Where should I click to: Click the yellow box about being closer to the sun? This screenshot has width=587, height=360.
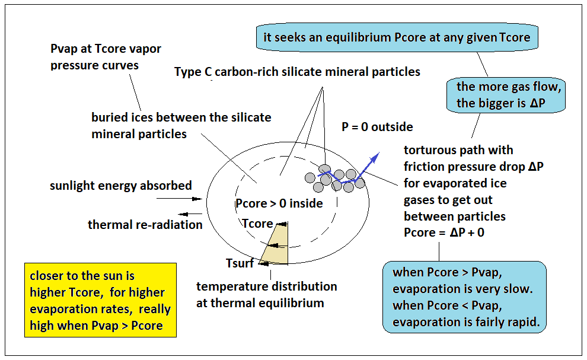click(100, 300)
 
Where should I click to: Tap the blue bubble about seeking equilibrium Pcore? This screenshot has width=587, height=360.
click(397, 37)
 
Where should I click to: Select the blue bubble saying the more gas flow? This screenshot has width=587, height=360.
click(506, 95)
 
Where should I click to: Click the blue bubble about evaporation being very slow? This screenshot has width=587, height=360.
click(464, 297)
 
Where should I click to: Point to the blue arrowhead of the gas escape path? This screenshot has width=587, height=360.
click(375, 157)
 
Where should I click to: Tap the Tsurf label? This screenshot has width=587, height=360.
click(240, 263)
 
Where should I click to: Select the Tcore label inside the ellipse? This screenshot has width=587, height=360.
click(257, 223)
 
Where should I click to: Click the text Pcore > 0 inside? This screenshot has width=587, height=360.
click(279, 203)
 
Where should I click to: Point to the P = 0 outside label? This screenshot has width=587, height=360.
click(377, 127)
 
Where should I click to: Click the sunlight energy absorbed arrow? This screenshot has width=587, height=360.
click(179, 199)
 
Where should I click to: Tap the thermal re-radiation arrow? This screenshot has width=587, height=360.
click(190, 214)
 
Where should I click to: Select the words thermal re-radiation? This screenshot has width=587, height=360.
click(145, 224)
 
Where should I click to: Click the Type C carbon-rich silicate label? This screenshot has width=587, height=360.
click(297, 72)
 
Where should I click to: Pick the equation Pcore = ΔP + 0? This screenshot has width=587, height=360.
click(444, 232)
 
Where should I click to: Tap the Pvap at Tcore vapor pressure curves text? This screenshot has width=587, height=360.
click(106, 57)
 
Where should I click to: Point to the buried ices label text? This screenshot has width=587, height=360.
click(181, 126)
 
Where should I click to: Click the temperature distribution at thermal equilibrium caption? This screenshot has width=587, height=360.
click(267, 294)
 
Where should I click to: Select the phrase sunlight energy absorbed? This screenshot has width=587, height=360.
click(121, 186)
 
